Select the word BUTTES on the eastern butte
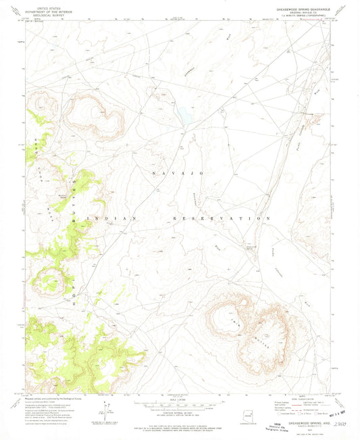[x=263, y=336]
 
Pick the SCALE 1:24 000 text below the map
[x=178, y=400]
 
